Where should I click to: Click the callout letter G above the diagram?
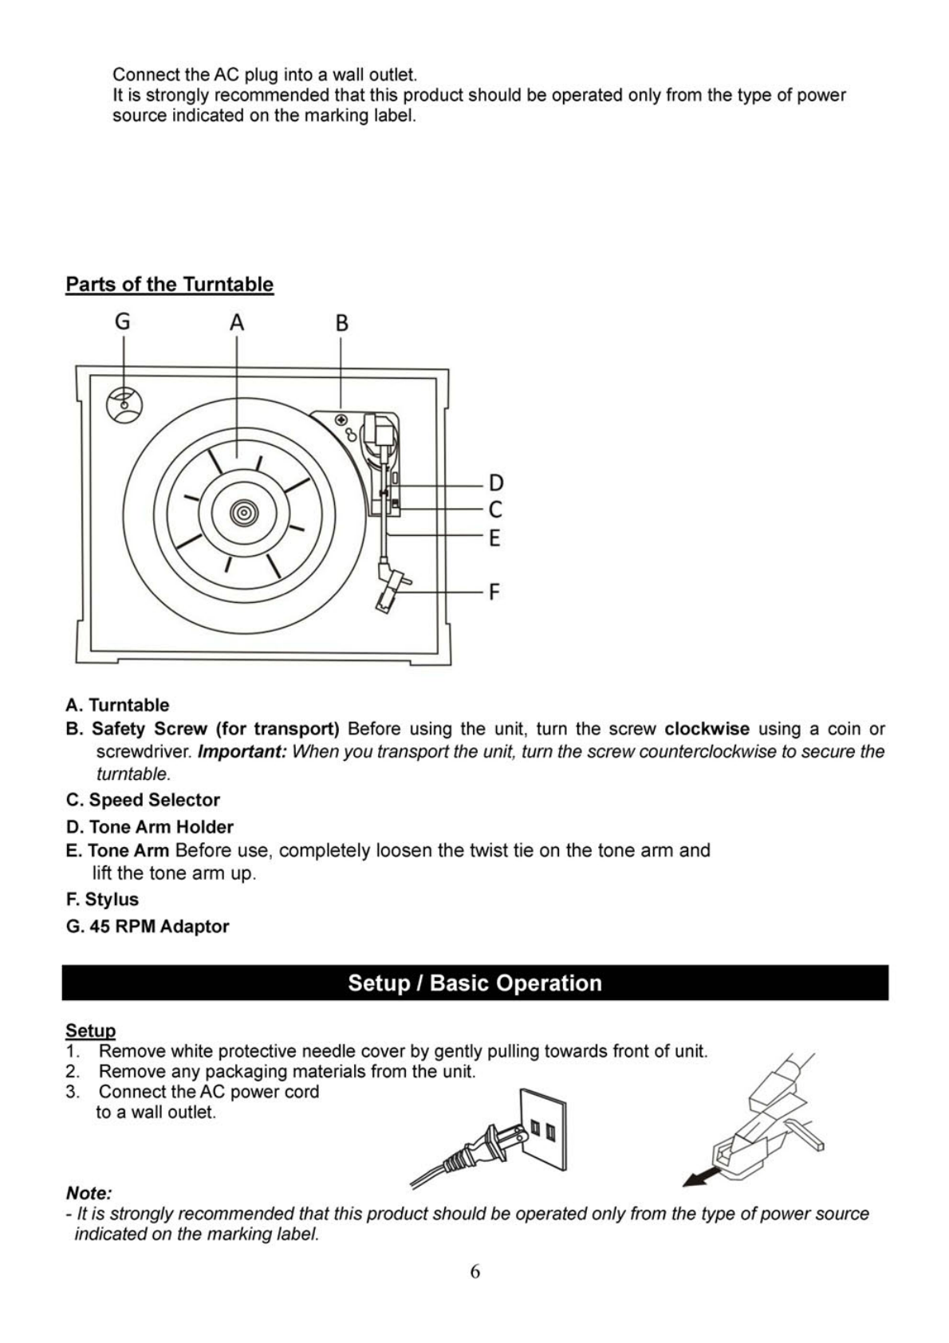(x=122, y=321)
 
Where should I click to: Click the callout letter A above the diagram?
(x=237, y=323)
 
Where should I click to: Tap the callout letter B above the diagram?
(x=341, y=323)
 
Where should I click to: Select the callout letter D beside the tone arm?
(x=496, y=483)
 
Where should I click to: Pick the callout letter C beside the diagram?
(x=495, y=510)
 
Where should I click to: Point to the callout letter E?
(x=494, y=538)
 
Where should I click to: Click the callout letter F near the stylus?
(x=494, y=592)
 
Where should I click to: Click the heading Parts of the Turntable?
(x=169, y=285)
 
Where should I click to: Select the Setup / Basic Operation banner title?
(x=475, y=983)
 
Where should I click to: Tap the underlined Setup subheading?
(x=90, y=1030)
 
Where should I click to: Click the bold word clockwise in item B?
(x=707, y=729)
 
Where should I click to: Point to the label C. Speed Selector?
(x=143, y=800)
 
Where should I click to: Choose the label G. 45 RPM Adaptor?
(x=148, y=927)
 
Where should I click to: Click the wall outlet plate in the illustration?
(x=543, y=1129)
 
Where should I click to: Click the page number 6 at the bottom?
(x=475, y=1271)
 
